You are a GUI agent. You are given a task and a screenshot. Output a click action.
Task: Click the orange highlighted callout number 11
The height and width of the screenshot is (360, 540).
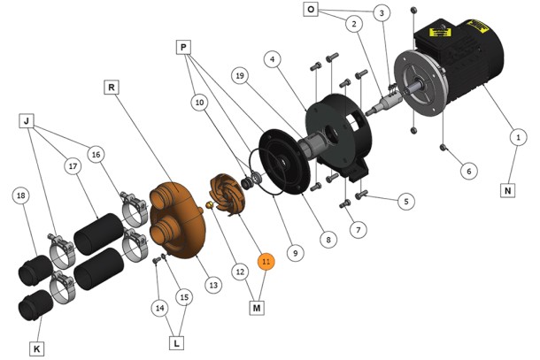266,262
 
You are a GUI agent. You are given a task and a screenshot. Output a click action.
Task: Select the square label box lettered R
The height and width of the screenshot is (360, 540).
112,88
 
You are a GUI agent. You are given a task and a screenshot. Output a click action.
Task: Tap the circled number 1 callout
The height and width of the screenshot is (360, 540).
518,137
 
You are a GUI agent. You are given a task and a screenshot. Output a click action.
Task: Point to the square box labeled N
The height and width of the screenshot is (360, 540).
507,190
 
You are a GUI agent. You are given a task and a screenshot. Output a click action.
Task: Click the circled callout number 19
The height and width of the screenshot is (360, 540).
240,75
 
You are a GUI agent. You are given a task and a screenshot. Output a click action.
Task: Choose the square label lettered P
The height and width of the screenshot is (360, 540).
183,47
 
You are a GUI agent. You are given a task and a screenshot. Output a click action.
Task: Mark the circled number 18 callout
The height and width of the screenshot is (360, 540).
21,195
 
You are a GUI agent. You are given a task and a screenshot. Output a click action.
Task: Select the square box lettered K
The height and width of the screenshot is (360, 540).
37,349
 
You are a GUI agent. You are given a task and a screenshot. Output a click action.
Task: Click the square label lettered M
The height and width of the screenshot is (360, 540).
257,308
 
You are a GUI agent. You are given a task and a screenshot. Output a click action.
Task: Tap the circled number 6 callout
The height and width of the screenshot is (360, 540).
469,171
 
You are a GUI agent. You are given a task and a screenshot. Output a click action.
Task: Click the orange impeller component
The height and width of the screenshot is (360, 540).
228,195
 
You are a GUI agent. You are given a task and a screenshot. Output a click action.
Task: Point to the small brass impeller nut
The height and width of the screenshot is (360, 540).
209,205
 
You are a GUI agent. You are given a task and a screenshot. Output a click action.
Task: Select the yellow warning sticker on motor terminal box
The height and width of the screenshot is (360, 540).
440,33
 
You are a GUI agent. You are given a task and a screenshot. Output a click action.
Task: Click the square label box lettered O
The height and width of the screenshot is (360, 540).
311,10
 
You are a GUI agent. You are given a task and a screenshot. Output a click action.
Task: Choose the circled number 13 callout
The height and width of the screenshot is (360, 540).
213,285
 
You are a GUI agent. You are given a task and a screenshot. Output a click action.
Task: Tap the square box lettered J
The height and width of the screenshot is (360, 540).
27,121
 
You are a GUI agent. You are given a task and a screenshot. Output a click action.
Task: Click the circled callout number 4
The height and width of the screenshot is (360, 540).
273,59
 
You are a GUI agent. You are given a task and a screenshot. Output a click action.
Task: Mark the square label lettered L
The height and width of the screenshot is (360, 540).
177,343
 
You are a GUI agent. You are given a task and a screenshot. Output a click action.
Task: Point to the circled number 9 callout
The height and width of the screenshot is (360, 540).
296,253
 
